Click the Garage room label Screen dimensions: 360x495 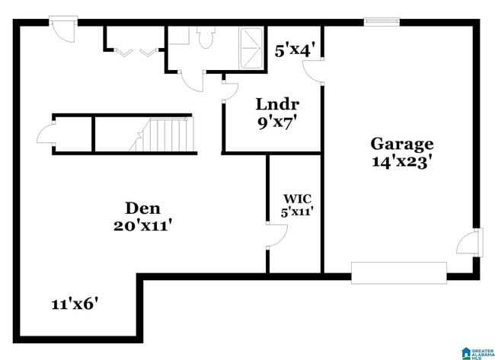(402, 143)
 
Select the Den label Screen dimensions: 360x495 (142, 208)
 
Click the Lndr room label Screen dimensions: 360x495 (277, 104)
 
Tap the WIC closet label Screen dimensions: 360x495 (294, 199)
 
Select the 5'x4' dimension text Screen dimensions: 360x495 (295, 51)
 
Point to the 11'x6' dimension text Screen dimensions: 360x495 (75, 304)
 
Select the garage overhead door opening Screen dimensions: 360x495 (398, 272)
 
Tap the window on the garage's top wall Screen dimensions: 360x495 (382, 22)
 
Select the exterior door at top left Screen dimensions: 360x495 (62, 27)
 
